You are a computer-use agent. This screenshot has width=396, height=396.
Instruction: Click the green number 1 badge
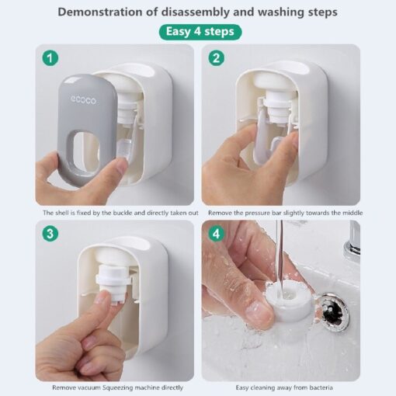coord(50,57)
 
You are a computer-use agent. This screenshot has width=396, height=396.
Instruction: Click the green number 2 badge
coord(217,57)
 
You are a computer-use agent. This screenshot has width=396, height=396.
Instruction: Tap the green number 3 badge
coord(50,234)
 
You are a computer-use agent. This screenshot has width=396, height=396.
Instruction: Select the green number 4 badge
coord(217,234)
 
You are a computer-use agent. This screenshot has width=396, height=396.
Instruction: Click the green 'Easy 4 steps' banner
coord(200,32)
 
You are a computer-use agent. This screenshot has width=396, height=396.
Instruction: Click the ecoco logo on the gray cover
coord(83,100)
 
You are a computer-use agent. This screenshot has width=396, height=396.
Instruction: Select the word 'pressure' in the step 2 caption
coord(257,213)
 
